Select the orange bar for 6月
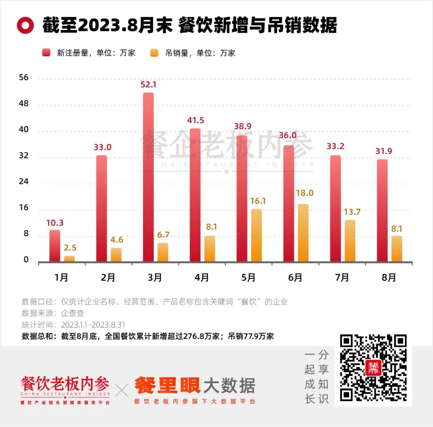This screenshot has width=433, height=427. pos(303,233)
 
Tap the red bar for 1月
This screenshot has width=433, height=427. pos(55,246)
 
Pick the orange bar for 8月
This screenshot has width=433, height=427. pos(397,249)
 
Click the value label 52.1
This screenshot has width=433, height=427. pos(148,85)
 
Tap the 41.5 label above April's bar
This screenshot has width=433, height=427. pos(195,120)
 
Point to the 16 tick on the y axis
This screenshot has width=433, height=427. pos(24,208)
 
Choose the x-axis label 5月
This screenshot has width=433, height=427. pos(249,277)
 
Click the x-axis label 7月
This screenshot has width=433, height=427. pos(342,277)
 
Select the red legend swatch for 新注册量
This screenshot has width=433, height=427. pos(47,53)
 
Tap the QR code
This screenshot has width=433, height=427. pos(373,368)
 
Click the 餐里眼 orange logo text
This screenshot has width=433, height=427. pos(166,386)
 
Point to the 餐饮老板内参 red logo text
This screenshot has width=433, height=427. pos(65,384)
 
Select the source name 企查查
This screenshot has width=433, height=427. pos(73,313)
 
